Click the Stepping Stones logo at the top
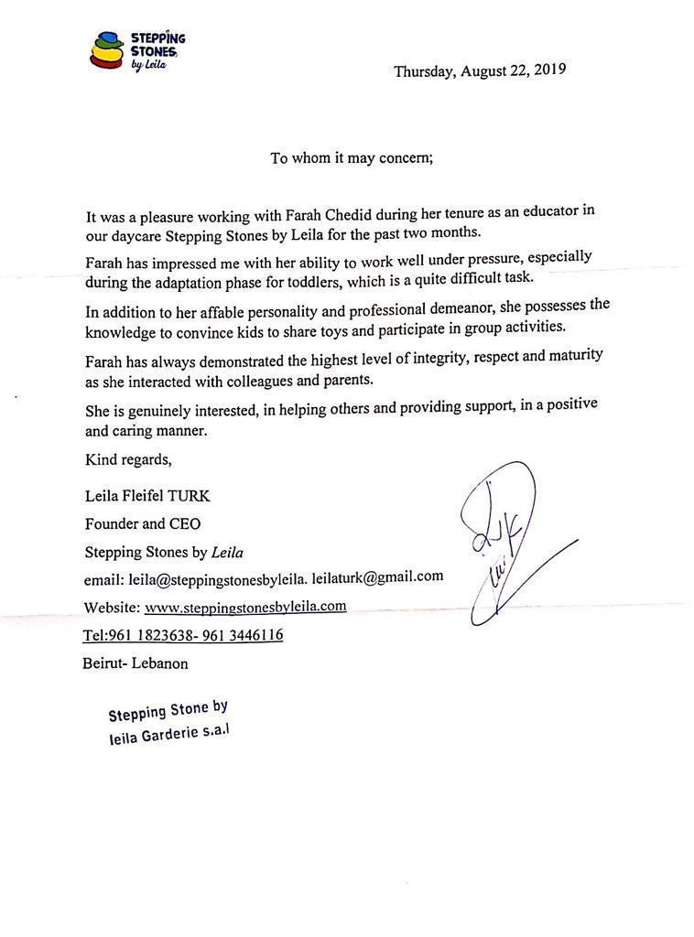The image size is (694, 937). pos(137,50)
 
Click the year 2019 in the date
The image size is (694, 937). pos(549,70)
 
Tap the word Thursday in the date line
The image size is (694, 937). pos(426,71)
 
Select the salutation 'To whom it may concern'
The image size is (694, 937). pos(352,157)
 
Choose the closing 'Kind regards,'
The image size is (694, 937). pos(128,458)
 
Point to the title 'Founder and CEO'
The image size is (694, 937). pos(143,524)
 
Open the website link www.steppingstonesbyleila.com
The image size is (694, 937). pos(245,606)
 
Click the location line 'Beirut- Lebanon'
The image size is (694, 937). pos(136,663)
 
